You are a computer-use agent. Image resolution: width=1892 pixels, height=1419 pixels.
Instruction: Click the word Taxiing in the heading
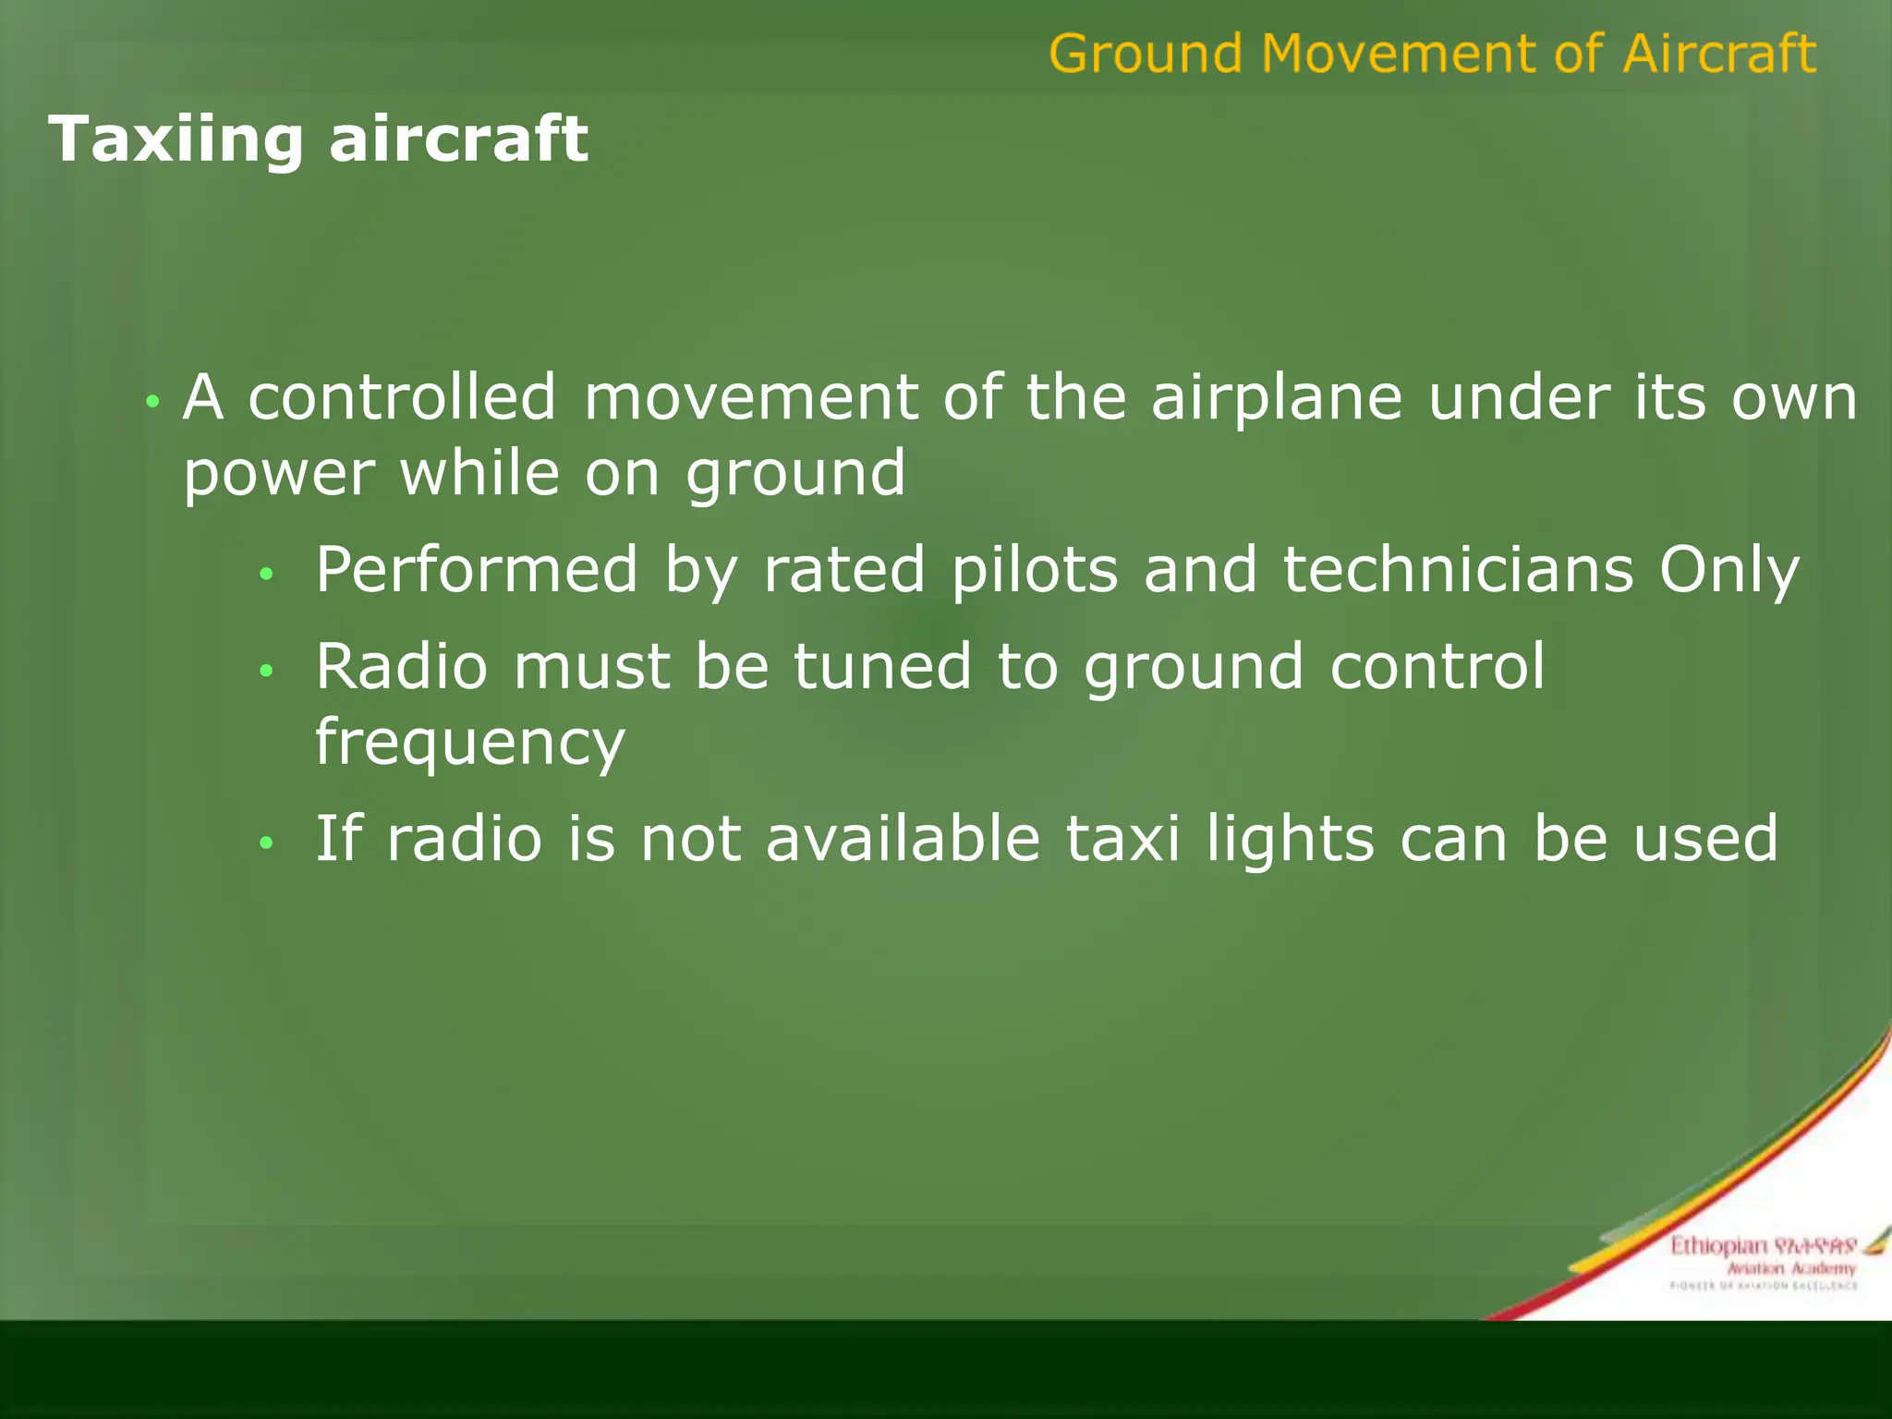[x=176, y=140]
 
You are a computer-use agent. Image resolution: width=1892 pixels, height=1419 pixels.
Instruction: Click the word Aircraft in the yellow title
[x=1718, y=54]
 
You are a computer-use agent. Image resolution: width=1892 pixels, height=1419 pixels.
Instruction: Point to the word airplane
[x=1276, y=399]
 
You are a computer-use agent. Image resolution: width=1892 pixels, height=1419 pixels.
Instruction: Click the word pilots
[x=1035, y=570]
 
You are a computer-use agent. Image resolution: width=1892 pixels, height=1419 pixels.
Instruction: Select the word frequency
[x=469, y=745]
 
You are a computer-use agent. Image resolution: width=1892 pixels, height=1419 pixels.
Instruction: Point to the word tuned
[x=882, y=667]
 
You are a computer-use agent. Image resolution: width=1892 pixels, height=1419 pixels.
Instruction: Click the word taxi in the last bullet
[x=1122, y=839]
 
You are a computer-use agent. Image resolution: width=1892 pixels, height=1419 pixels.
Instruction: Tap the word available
[x=903, y=839]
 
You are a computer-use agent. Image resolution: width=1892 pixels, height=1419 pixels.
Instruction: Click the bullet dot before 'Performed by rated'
[x=266, y=575]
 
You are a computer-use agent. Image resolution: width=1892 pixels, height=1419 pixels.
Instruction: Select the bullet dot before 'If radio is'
[x=266, y=843]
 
